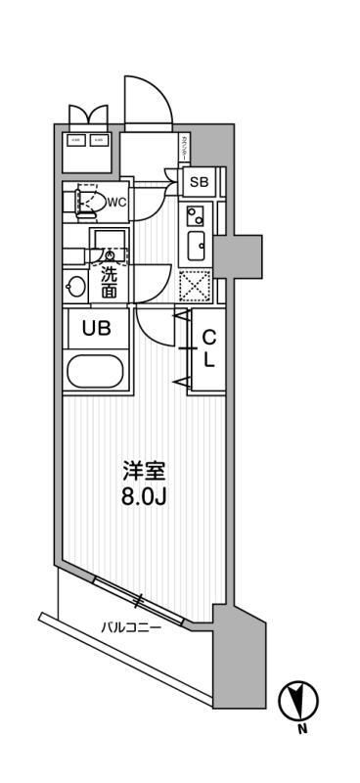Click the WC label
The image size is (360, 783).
(x=115, y=203)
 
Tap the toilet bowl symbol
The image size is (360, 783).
(x=88, y=202)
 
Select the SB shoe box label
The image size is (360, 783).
(x=199, y=182)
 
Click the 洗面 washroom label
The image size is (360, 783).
(x=109, y=283)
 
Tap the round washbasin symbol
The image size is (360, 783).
(x=75, y=287)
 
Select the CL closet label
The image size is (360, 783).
(x=208, y=347)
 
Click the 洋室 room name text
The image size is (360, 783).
(x=144, y=471)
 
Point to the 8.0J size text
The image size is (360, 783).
(x=144, y=496)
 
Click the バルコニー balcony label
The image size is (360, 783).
(x=131, y=626)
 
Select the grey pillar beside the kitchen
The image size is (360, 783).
(x=240, y=255)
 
